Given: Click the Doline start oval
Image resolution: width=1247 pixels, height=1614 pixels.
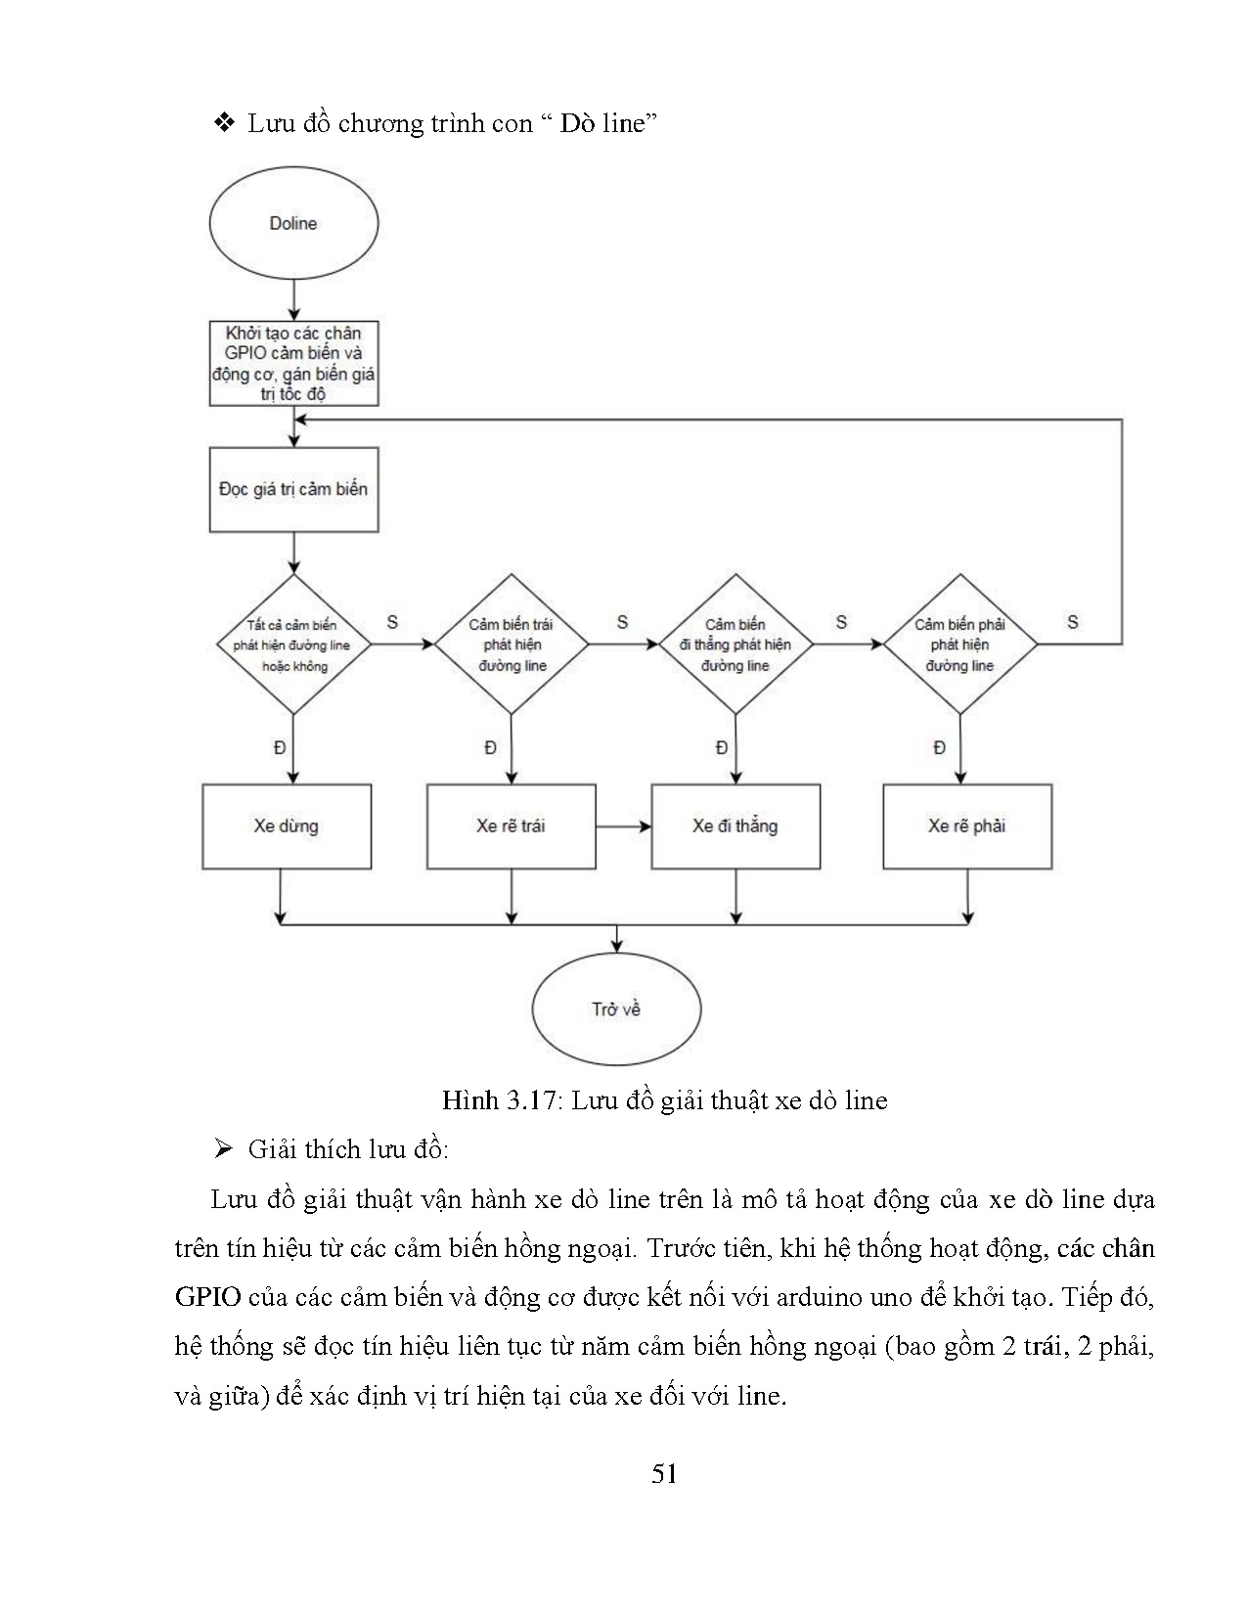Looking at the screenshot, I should pos(293,223).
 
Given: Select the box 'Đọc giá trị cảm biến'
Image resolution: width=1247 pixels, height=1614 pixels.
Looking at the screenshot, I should pos(293,489).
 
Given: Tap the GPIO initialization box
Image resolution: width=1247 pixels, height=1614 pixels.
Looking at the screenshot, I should pos(293,363).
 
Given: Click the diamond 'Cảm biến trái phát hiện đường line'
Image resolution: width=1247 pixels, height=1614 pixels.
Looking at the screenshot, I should pos(512,645).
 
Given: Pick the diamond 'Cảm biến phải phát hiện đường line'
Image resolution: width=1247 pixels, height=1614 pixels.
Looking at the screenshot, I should pos(959,645).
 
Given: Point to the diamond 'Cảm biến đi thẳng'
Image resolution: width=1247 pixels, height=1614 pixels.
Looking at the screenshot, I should pos(735,645).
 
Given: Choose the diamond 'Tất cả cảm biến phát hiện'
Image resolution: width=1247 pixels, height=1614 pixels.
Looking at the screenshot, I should pos(293,645).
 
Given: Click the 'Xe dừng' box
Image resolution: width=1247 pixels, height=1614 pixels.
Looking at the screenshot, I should pos(287,827).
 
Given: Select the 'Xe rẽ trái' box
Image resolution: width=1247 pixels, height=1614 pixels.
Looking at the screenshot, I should pos(511,827).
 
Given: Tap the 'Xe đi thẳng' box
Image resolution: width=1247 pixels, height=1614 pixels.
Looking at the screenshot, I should pos(735,827).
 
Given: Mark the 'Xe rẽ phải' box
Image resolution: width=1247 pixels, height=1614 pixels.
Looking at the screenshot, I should pos(967,827).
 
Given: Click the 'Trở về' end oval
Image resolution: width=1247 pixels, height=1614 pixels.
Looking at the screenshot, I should pos(616,1009).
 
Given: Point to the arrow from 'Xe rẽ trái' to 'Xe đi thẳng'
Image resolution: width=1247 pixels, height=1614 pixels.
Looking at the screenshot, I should pos(623,827).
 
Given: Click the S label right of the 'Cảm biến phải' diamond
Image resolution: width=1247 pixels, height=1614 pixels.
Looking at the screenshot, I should pos(1073,622).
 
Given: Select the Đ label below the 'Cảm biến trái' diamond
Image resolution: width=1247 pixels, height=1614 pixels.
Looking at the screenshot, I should pos(490,748).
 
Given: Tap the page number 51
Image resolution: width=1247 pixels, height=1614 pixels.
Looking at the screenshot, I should pos(664,1473).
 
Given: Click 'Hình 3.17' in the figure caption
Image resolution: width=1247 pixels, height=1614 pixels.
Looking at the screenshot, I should pos(498,1100).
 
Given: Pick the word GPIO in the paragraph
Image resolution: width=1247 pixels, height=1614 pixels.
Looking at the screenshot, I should pos(207,1298).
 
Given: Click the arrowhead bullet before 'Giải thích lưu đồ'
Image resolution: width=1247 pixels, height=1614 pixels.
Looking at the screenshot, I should pos(223,1149).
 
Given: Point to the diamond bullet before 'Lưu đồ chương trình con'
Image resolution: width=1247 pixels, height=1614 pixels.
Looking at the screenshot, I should pos(224,123).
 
